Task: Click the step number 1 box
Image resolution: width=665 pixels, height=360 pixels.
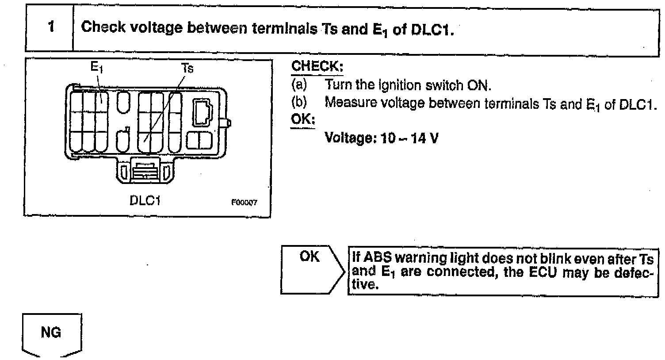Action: pos(50,27)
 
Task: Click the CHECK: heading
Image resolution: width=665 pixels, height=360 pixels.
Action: pos(317,67)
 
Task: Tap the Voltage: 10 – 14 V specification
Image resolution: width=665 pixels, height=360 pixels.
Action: pos(382,138)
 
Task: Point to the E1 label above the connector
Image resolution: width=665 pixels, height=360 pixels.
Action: pos(97,68)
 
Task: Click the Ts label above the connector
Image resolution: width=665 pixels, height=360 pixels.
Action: pos(187,69)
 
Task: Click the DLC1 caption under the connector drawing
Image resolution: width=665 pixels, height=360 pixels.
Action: pos(145,200)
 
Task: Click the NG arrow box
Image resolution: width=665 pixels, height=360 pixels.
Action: pos(52,334)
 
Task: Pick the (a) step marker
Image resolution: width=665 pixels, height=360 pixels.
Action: pos(298,84)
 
